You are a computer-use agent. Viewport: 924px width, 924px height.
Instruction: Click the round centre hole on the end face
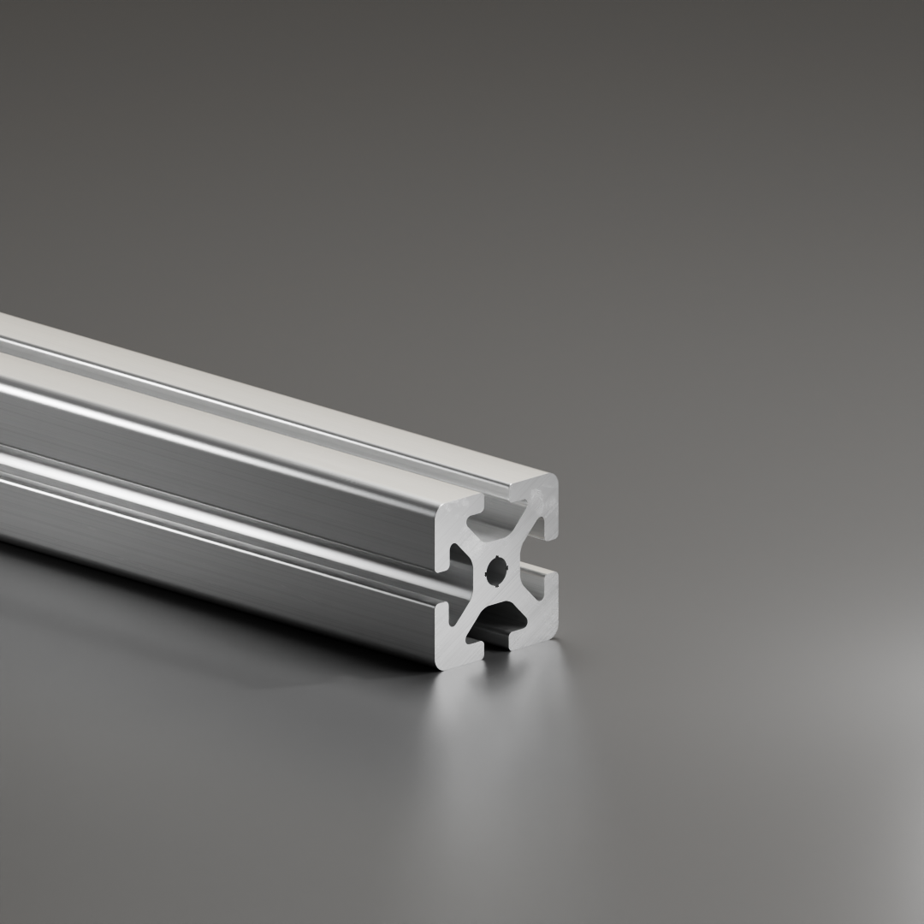pyautogui.click(x=496, y=572)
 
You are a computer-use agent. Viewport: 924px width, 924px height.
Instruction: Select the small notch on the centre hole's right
pyautogui.click(x=506, y=570)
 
